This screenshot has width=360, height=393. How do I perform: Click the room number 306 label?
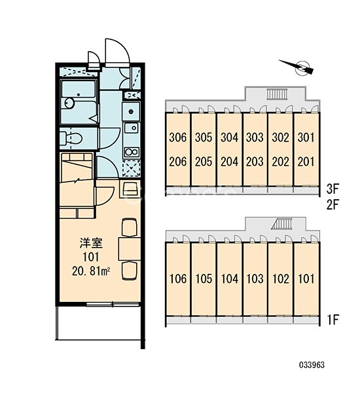[177, 138]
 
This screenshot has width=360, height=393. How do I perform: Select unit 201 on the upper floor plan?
[306, 162]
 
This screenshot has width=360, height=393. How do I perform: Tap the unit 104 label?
[229, 279]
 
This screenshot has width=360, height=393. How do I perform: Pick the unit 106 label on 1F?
[178, 279]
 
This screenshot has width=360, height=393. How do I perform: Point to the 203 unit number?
[255, 162]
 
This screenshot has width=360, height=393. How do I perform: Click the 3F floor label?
[333, 189]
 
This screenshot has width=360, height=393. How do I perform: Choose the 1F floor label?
[333, 320]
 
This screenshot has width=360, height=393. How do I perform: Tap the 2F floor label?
[333, 205]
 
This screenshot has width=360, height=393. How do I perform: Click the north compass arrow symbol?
[297, 67]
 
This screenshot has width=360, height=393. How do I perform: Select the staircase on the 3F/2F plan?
[277, 94]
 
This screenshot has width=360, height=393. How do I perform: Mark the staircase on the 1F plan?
[282, 223]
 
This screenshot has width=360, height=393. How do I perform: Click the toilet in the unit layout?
[71, 138]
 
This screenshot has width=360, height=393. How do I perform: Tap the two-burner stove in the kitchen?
[132, 152]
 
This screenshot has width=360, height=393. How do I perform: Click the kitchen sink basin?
[132, 128]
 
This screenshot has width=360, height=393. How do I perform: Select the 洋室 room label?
[91, 243]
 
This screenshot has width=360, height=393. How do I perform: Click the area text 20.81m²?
[91, 271]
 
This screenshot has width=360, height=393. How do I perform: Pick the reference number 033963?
[312, 365]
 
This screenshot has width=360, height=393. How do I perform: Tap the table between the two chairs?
[129, 249]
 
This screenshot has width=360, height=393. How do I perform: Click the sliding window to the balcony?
[113, 305]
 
